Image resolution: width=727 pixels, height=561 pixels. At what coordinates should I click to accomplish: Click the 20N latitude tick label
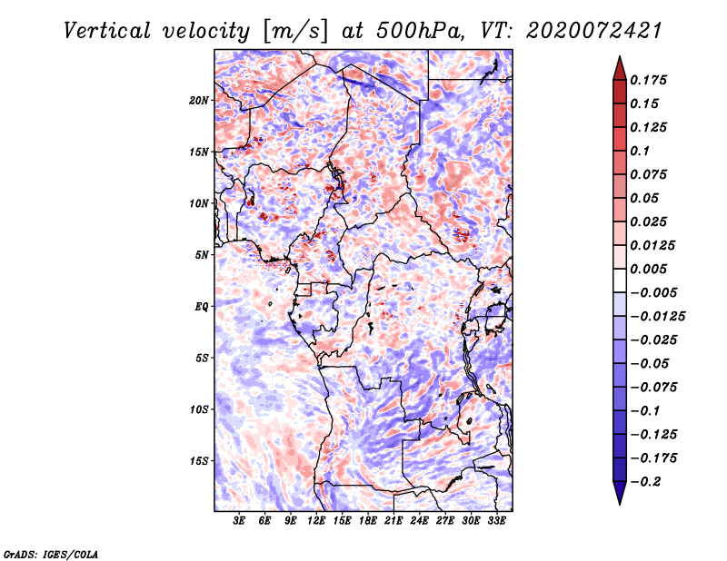point(199,100)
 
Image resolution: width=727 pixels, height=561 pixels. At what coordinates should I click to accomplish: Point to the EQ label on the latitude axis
point(201,306)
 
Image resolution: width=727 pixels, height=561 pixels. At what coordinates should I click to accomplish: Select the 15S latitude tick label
point(199,460)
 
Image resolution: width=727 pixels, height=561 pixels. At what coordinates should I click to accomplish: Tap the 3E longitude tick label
point(240,522)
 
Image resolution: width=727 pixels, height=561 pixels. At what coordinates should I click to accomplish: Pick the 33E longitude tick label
point(497,522)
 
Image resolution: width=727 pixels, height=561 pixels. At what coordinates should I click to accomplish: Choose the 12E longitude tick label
point(317,522)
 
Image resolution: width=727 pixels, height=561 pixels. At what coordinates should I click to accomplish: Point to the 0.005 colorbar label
point(652,269)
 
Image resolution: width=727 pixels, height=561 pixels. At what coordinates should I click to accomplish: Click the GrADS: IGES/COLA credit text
point(50,553)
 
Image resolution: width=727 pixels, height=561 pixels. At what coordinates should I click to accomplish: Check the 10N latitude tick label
point(199,203)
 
